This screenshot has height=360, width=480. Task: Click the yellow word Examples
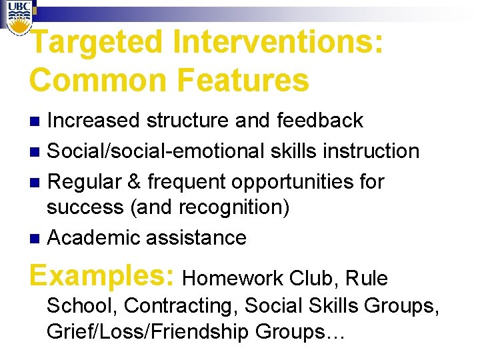[x=103, y=275]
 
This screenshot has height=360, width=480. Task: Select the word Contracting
[x=181, y=305]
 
